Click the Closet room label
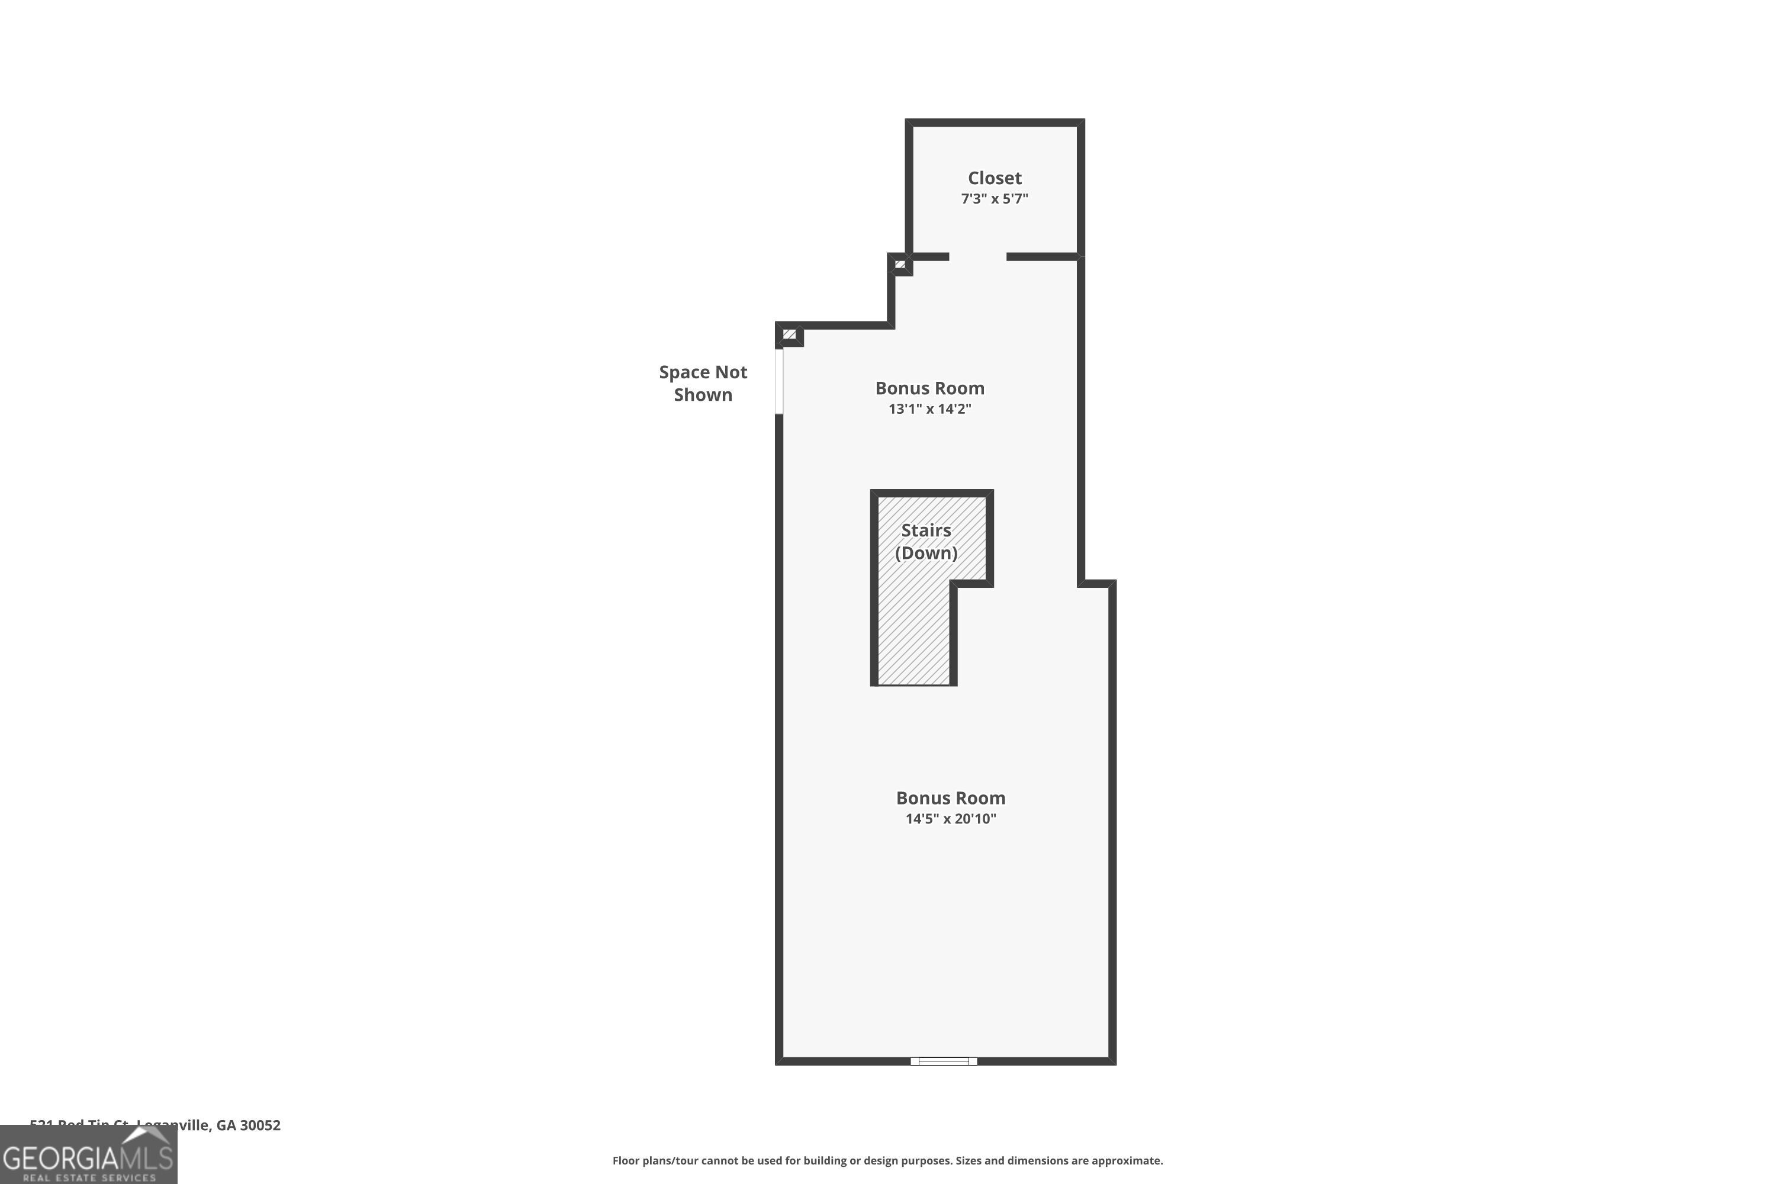click(995, 178)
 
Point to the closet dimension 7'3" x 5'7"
click(995, 198)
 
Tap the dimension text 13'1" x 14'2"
click(929, 409)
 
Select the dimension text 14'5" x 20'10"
click(951, 819)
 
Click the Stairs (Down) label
click(926, 542)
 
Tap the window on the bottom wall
click(943, 1061)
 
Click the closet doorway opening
click(978, 257)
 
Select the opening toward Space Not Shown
click(779, 381)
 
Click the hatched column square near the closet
click(899, 264)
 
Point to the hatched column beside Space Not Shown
click(789, 334)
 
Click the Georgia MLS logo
click(88, 1156)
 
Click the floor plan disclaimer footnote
click(887, 1160)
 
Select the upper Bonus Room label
click(929, 388)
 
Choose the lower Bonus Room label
click(951, 798)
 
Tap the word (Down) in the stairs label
click(926, 553)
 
